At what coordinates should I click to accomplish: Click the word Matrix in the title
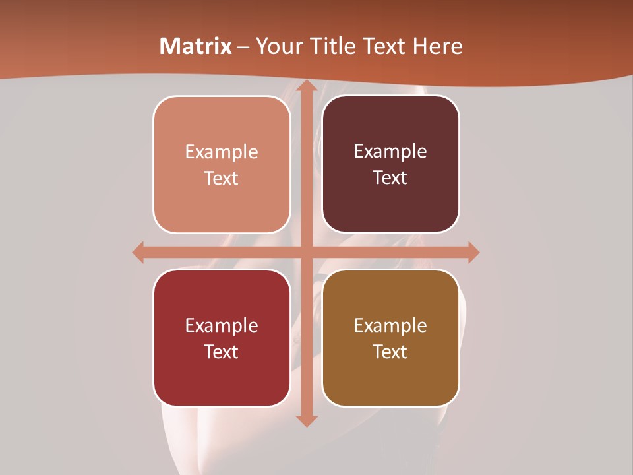point(196,46)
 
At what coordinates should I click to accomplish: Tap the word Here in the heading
point(438,46)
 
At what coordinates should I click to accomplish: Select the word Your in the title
point(276,46)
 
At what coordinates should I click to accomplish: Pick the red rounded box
point(222,376)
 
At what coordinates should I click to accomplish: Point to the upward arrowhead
point(306,86)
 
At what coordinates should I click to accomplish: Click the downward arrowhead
point(306,420)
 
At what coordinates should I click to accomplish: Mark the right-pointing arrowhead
point(473,252)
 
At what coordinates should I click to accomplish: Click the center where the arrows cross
point(306,252)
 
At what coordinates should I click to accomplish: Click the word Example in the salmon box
point(222,152)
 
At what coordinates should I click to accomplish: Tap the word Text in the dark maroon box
point(390,178)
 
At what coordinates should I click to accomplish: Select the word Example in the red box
point(222,325)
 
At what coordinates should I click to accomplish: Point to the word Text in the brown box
point(390,352)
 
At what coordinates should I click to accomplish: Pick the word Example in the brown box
point(390,325)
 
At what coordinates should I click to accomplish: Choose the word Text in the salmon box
point(222,179)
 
